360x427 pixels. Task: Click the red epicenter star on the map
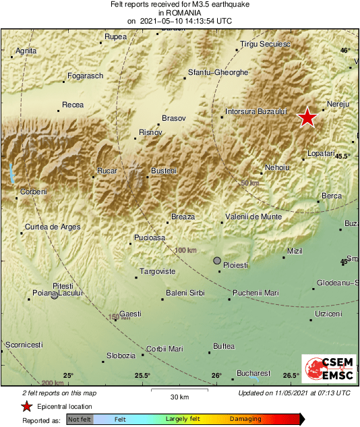[307, 117]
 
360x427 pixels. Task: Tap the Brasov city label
[174, 117]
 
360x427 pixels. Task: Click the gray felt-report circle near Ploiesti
[217, 260]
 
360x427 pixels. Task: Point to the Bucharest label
[251, 373]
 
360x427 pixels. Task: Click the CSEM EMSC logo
[324, 370]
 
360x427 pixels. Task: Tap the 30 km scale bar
[179, 391]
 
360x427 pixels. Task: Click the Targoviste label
[157, 271]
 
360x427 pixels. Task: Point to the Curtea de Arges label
[53, 227]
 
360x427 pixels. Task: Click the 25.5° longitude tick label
[142, 376]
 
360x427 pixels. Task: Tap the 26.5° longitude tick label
[291, 376]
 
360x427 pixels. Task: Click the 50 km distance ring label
[249, 183]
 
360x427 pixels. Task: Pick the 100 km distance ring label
[185, 250]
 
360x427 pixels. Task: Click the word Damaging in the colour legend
[245, 419]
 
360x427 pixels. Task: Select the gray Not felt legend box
[80, 420]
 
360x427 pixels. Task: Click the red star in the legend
[26, 406]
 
